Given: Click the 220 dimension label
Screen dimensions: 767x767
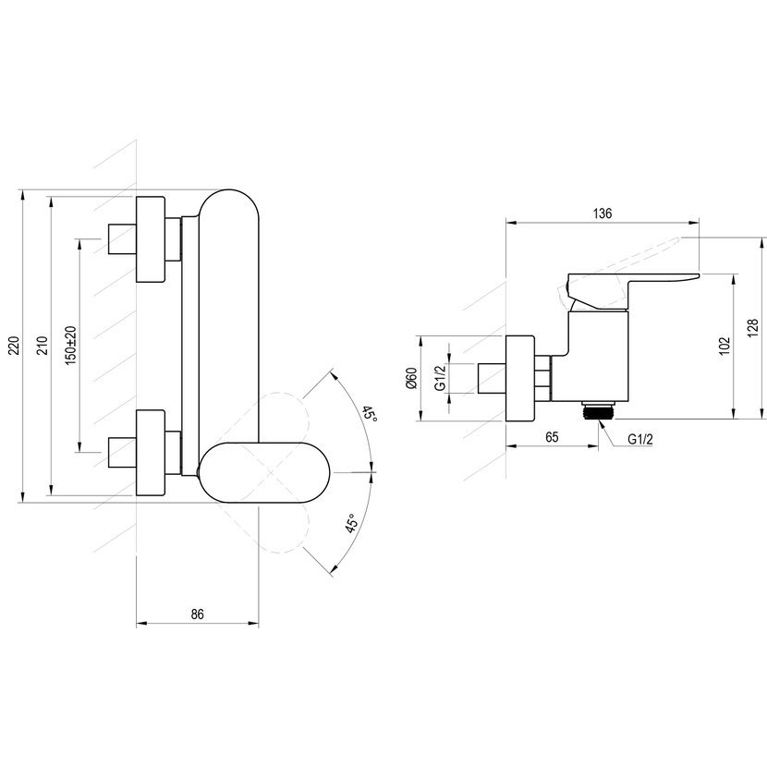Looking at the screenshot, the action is pyautogui.click(x=15, y=346).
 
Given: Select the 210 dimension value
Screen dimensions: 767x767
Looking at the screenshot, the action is pyautogui.click(x=43, y=346).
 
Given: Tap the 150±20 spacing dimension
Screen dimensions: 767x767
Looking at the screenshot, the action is pyautogui.click(x=71, y=346).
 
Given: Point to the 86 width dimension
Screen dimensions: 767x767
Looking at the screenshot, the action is pyautogui.click(x=197, y=614).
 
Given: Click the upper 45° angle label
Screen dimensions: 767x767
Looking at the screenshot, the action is pyautogui.click(x=371, y=415).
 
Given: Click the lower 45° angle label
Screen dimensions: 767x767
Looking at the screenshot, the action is pyautogui.click(x=351, y=524).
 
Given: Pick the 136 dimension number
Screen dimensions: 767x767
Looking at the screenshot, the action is pyautogui.click(x=603, y=213).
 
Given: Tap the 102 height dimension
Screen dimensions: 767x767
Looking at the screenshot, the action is pyautogui.click(x=724, y=346).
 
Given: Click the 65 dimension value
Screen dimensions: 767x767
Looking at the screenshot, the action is pyautogui.click(x=552, y=437).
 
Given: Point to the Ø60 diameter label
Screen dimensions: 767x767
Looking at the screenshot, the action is pyautogui.click(x=411, y=378).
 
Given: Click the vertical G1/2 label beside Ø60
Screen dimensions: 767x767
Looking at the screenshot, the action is pyautogui.click(x=440, y=378).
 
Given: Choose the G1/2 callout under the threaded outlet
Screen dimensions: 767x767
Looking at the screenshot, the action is pyautogui.click(x=640, y=439).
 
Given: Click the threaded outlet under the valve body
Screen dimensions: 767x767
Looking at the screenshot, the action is pyautogui.click(x=599, y=410).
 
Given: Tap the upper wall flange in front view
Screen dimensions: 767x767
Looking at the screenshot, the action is pyautogui.click(x=151, y=239).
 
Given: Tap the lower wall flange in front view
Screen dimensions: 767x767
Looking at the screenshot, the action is pyautogui.click(x=151, y=453).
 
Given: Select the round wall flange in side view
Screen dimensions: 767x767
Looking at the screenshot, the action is pyautogui.click(x=519, y=378).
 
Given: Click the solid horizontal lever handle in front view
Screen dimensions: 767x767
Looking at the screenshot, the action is pyautogui.click(x=264, y=472).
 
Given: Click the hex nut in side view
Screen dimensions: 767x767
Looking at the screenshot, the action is pyautogui.click(x=543, y=378).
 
